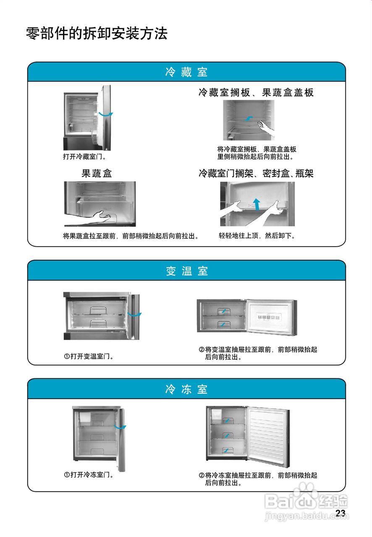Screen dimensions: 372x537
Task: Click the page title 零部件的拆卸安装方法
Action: [x=97, y=33]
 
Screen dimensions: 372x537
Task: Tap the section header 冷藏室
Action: [x=186, y=72]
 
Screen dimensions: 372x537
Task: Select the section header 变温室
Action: [x=186, y=271]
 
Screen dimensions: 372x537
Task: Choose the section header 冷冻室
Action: [x=186, y=389]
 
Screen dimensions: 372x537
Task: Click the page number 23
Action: [x=341, y=513]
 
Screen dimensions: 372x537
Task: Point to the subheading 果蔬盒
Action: [x=97, y=173]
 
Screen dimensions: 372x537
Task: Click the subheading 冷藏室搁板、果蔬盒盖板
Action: [x=256, y=92]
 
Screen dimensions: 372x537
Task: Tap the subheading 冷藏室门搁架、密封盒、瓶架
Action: [x=256, y=173]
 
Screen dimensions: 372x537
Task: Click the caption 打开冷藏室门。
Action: [x=84, y=156]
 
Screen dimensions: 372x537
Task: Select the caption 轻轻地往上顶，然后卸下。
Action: [x=257, y=236]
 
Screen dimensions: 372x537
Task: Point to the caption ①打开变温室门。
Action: [x=89, y=357]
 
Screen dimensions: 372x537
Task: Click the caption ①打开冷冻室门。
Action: [x=89, y=475]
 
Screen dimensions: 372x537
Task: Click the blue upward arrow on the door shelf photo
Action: [x=257, y=203]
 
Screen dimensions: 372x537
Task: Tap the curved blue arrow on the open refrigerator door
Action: [x=106, y=114]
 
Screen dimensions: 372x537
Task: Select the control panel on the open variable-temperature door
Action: [x=267, y=318]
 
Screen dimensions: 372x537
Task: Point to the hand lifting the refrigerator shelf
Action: [x=265, y=127]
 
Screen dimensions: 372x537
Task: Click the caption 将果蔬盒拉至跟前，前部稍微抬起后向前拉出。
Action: [x=131, y=236]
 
